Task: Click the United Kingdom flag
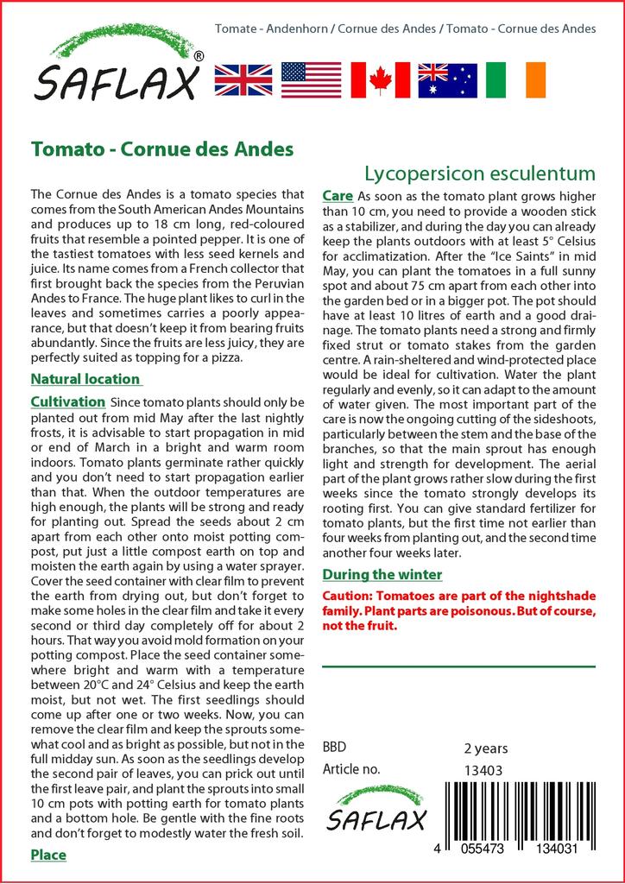click(x=243, y=79)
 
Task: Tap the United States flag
click(x=312, y=79)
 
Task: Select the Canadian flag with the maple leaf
click(x=380, y=79)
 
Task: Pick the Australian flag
click(x=447, y=79)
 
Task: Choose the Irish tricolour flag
click(x=516, y=79)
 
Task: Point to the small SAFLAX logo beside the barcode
click(x=376, y=810)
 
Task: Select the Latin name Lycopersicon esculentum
click(x=479, y=172)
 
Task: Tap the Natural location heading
click(x=85, y=379)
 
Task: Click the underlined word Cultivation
click(x=67, y=402)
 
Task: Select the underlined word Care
click(x=337, y=196)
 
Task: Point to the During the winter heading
click(x=382, y=574)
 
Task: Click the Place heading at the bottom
click(x=48, y=855)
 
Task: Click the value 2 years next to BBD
click(x=486, y=748)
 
